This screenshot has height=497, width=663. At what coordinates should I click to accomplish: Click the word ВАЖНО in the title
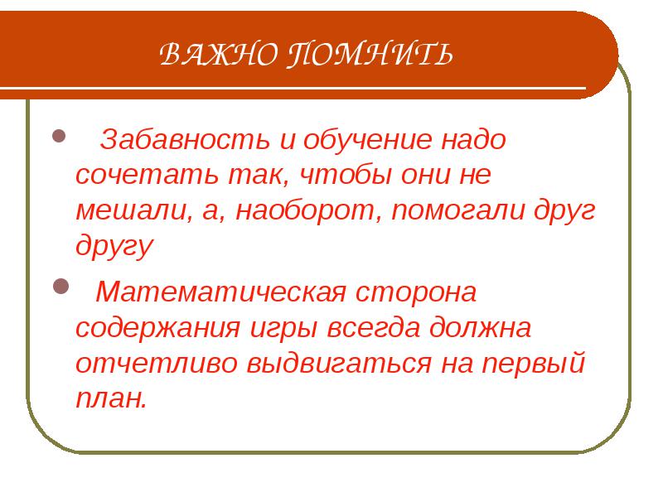(219, 54)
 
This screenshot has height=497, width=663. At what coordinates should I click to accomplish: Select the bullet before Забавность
(59, 136)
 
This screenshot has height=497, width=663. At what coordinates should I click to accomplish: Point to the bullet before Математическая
(60, 287)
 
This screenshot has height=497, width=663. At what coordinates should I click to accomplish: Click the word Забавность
(185, 139)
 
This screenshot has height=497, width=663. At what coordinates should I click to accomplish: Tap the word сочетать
(148, 175)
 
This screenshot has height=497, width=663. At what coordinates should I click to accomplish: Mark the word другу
(114, 245)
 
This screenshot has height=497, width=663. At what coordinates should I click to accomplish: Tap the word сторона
(416, 292)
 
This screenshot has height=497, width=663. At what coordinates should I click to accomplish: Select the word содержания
(158, 328)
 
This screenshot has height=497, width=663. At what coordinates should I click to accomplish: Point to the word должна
(480, 328)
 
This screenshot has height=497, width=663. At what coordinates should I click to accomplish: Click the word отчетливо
(156, 363)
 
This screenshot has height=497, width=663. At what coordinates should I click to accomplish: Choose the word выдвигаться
(338, 363)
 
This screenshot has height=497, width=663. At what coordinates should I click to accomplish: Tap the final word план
(111, 398)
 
